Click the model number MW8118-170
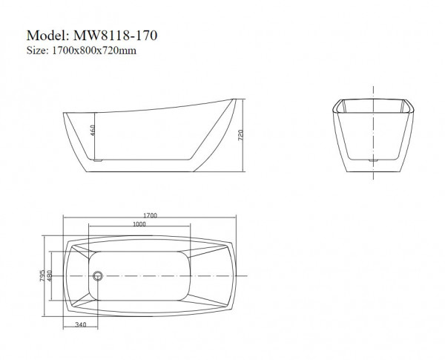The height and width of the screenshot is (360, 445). coord(116,36)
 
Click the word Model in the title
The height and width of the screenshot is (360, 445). coord(47,36)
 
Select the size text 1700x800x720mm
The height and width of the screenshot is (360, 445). coord(92,51)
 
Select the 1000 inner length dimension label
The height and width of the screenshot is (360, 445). coord(138,225)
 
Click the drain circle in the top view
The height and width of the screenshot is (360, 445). coord(97,275)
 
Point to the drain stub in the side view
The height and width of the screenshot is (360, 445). coord(96,159)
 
